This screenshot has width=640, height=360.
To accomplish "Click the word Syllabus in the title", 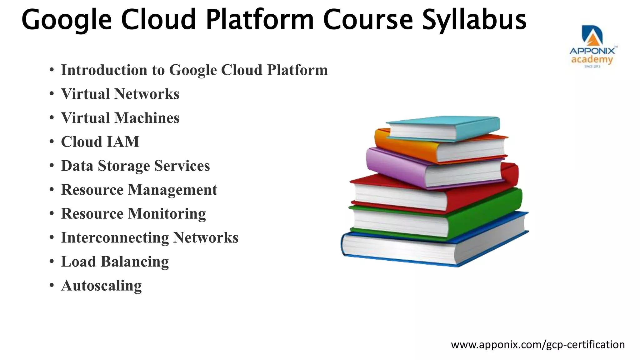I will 474,20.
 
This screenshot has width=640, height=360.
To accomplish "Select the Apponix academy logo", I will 592,46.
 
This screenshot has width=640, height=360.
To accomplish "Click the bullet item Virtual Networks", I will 120,94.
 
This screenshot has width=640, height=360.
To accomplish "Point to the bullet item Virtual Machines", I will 120,118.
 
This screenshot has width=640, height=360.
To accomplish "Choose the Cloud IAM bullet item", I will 100,142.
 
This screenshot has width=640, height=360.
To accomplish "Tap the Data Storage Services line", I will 135,166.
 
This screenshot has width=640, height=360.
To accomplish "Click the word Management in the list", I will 172,190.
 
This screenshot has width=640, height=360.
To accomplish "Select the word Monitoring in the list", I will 167,214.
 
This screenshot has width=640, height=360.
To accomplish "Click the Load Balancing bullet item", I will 115,262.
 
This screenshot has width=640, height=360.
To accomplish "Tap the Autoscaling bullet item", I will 101,286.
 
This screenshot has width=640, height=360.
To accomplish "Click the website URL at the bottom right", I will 538,344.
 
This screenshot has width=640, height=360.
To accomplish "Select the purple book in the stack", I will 397,166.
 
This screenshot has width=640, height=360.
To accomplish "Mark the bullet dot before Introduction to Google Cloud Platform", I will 52,70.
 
